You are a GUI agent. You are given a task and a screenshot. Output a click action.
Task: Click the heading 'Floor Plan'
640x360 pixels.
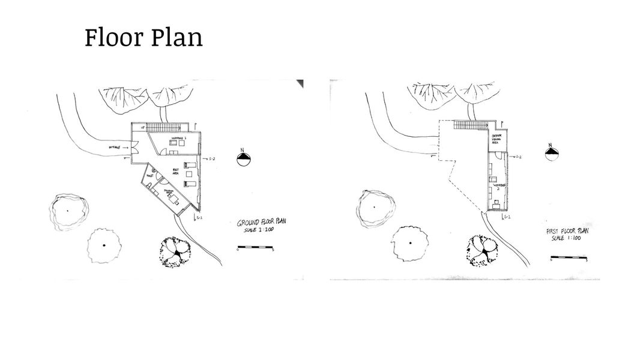[143, 38]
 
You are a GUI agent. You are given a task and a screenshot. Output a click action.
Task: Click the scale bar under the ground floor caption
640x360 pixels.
[255, 247]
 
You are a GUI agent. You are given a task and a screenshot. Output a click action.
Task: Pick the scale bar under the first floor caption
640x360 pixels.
[567, 259]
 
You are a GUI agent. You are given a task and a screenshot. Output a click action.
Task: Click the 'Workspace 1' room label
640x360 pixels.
[178, 139]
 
